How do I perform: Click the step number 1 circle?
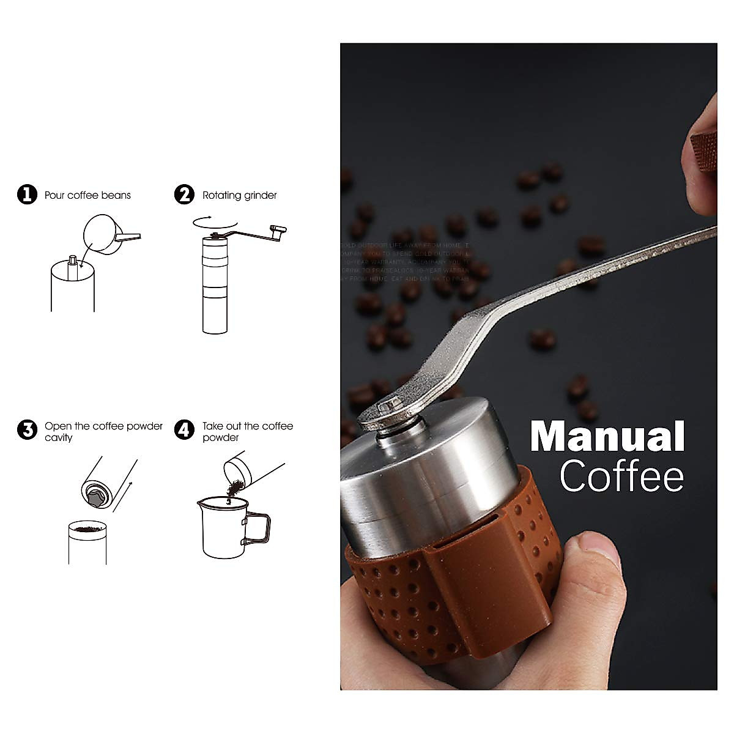[27, 195]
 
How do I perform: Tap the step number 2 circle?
[184, 195]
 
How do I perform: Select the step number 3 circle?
[27, 430]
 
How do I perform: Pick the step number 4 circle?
[184, 430]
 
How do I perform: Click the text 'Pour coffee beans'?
[87, 196]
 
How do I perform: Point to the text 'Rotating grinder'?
[239, 196]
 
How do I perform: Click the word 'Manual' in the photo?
[607, 437]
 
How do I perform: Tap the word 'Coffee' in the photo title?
[621, 476]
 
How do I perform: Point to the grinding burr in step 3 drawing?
[96, 497]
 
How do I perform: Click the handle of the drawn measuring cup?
[257, 529]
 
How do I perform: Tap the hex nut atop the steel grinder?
[388, 407]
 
